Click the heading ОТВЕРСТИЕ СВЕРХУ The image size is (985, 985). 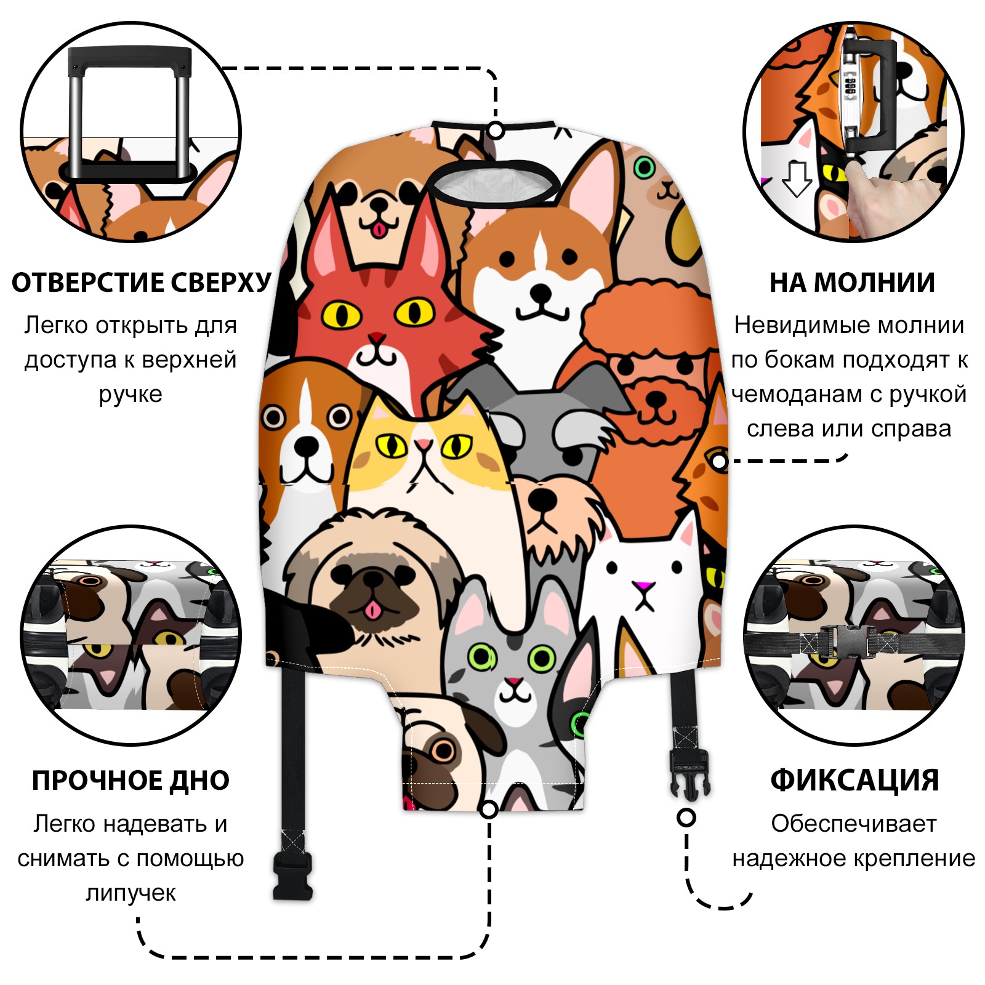(x=141, y=283)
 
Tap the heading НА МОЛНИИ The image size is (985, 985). (x=852, y=283)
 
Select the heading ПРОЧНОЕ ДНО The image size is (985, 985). (x=131, y=781)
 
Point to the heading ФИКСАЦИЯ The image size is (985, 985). (x=854, y=781)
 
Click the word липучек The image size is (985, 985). (x=131, y=893)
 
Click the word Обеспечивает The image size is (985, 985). (x=854, y=824)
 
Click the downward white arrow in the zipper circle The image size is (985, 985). (x=797, y=179)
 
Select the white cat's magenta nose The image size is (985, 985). (x=644, y=584)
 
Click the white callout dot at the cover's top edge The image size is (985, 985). (x=496, y=131)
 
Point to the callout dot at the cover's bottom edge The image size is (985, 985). (x=489, y=809)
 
